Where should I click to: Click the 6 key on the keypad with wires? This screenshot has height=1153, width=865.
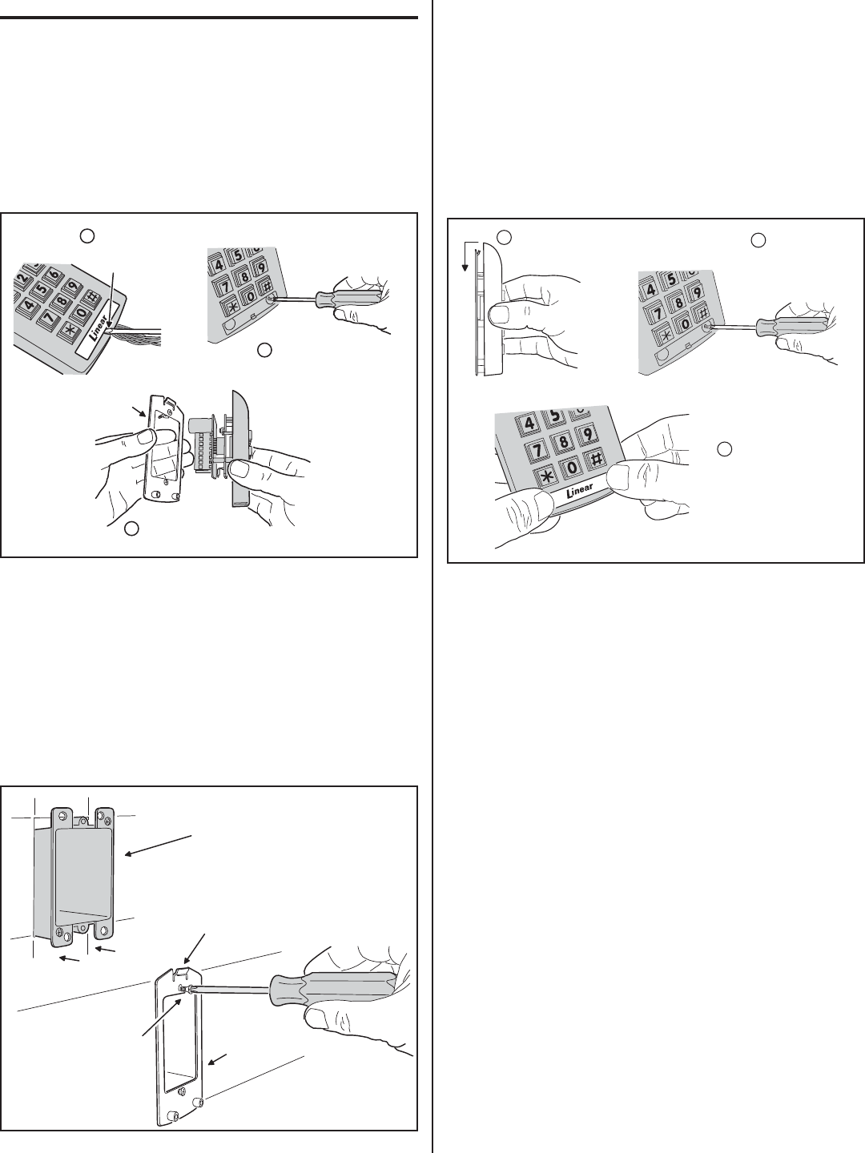[x=54, y=275]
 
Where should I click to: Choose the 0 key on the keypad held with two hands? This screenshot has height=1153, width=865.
[x=572, y=466]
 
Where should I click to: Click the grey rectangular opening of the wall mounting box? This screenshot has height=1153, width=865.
[x=83, y=878]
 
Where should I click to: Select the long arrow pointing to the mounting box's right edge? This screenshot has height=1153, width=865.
[x=158, y=845]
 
